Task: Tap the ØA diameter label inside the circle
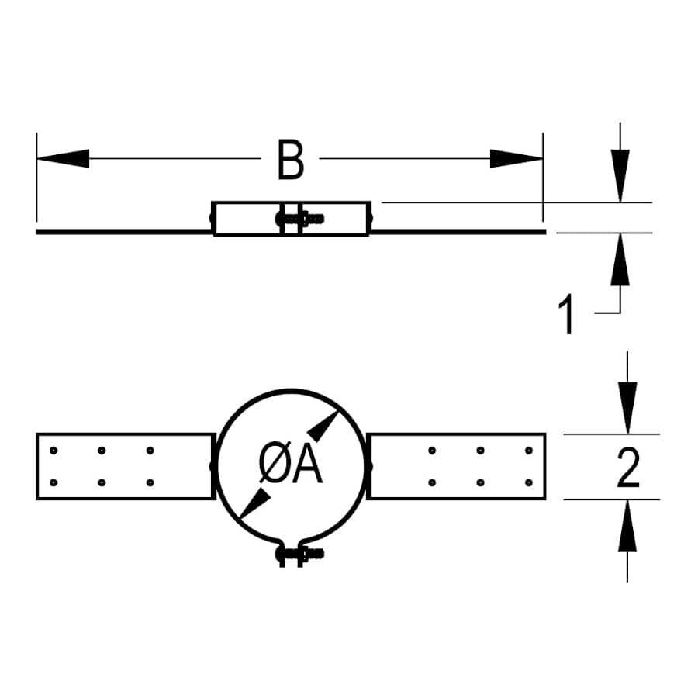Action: tap(290, 467)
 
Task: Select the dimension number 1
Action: tap(568, 315)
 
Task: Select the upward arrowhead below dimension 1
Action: tap(620, 259)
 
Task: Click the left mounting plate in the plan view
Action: tap(124, 466)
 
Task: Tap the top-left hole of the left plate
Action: tap(53, 450)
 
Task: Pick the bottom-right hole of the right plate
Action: tap(530, 482)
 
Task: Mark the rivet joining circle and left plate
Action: tap(212, 466)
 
